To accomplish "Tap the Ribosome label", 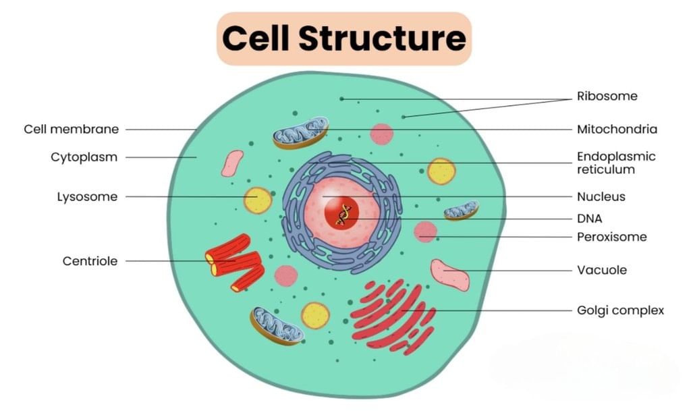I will point(607,96).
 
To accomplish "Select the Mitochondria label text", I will point(617,129).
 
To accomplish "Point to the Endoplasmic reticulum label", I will point(616,163).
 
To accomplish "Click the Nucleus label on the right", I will point(601,197).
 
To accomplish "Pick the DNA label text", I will point(589,218).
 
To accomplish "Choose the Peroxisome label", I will point(611,237).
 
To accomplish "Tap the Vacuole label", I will point(601,270).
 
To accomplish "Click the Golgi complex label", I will point(620,310).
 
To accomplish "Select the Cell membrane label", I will point(71,129).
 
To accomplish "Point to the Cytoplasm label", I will point(84,157).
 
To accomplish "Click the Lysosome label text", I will point(87,197).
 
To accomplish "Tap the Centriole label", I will point(90,261).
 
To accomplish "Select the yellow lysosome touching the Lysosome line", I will point(257,200).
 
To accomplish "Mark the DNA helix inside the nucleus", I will point(344,215).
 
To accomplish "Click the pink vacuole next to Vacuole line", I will point(449,274).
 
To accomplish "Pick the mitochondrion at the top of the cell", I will point(300,132).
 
